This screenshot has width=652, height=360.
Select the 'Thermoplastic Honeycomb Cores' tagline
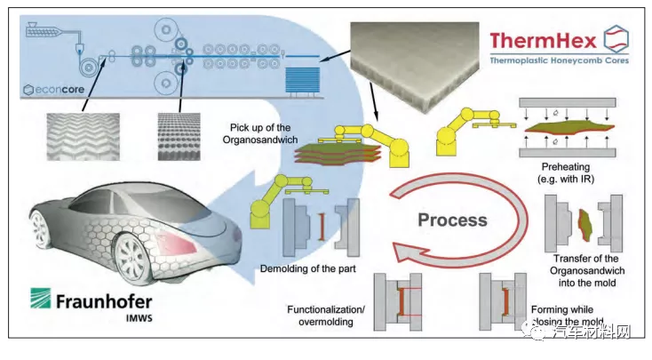coord(555,61)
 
